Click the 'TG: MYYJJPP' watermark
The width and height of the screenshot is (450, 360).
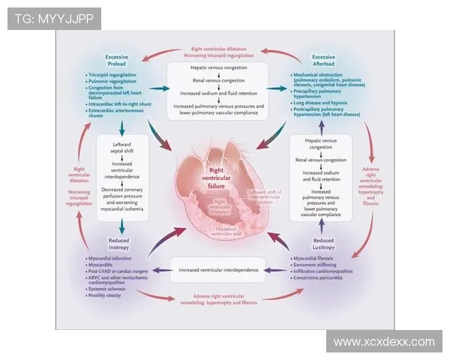(x=43, y=18)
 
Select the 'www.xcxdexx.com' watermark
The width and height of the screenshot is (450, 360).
(x=384, y=342)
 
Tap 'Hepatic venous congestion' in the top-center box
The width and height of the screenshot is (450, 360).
(x=218, y=67)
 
